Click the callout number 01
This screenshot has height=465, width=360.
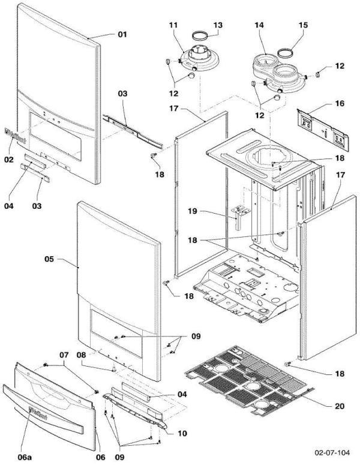point(122,34)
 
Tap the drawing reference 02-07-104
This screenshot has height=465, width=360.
point(332,452)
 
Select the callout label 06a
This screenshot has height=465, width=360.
point(25,457)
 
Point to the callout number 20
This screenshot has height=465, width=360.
point(340,406)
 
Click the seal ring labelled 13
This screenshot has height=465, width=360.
point(200,36)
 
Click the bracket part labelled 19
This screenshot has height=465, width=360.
point(240,217)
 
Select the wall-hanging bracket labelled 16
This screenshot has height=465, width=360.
point(323,130)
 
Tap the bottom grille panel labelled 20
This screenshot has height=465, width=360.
point(246,380)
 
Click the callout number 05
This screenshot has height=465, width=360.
point(49,259)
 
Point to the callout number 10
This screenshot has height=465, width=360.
point(182,433)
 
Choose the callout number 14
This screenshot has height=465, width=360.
point(259,25)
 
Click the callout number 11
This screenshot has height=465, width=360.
point(173,25)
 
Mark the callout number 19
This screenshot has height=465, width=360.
point(193,211)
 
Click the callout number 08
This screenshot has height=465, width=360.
point(81,355)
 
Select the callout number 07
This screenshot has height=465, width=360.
point(64,355)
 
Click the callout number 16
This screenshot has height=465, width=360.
point(340,103)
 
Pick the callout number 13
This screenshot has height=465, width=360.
point(218,25)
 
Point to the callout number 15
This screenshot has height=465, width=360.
point(303,25)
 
